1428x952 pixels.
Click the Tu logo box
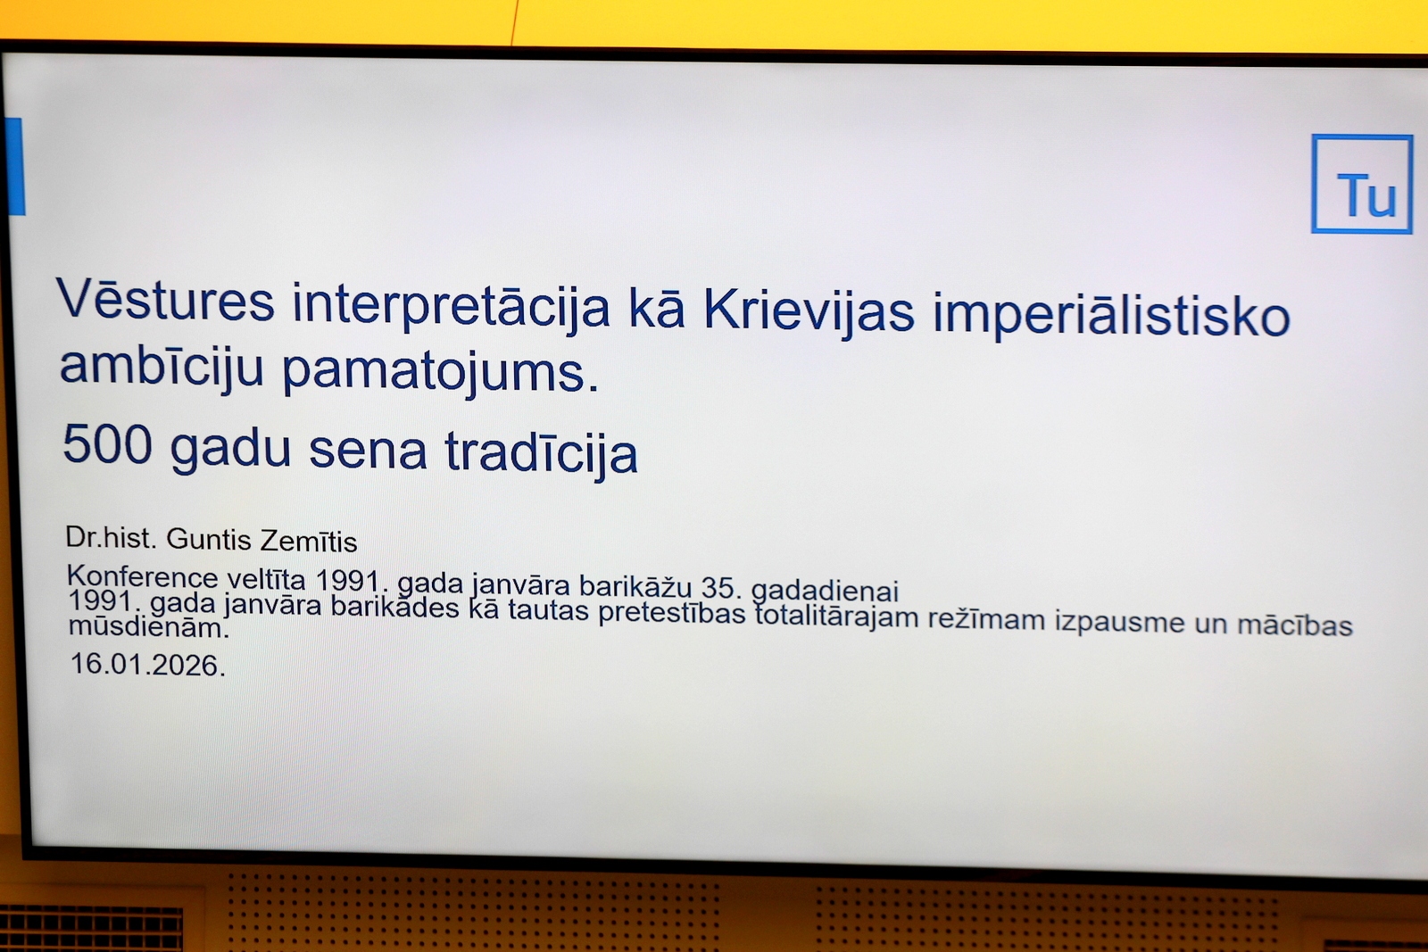tap(1362, 184)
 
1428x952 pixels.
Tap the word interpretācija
tap(451, 307)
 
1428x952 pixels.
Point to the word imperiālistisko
tap(1112, 313)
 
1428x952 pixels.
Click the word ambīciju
tap(162, 368)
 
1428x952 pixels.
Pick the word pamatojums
tap(441, 371)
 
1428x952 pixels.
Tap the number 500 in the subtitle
tap(107, 444)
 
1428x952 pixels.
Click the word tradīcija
tap(541, 451)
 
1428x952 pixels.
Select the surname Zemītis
tap(309, 541)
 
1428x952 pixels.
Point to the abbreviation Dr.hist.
tap(111, 538)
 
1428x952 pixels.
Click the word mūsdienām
tap(148, 627)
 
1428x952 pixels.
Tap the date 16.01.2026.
tap(148, 665)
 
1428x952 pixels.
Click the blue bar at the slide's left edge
tap(14, 166)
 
